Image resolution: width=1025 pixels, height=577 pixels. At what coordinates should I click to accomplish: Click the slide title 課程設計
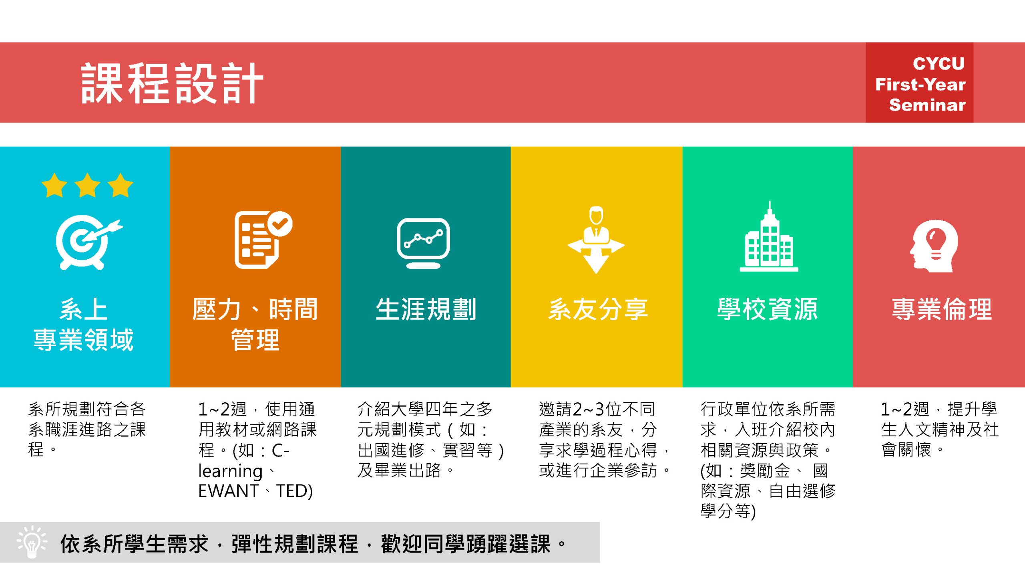(x=172, y=83)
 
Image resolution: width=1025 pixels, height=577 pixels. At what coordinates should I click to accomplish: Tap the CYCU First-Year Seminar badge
(x=919, y=83)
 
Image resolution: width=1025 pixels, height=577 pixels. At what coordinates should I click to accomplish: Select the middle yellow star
(x=87, y=185)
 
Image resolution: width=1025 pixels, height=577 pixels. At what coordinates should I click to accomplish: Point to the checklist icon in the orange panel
(x=263, y=240)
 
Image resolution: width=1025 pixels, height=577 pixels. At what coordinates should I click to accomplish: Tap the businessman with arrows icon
(x=596, y=240)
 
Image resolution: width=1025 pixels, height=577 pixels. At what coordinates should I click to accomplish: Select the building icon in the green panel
(x=769, y=236)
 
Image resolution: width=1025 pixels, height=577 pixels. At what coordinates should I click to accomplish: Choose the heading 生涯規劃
(x=426, y=309)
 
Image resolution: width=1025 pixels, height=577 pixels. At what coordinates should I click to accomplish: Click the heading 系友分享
(x=598, y=309)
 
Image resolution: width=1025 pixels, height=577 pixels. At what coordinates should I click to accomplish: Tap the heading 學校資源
(x=768, y=309)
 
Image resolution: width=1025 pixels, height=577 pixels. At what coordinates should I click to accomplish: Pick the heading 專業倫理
(x=942, y=309)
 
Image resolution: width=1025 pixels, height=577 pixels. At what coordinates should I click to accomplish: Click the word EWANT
(x=229, y=491)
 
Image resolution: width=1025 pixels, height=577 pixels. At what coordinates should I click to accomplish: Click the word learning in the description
(x=231, y=471)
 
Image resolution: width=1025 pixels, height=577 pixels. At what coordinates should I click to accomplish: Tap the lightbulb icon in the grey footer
(x=32, y=542)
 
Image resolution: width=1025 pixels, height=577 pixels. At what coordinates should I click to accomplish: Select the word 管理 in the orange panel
(x=255, y=340)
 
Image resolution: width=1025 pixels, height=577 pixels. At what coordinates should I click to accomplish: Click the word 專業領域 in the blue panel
(x=83, y=340)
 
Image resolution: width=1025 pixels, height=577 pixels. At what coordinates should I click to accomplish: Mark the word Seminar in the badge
(x=927, y=105)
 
